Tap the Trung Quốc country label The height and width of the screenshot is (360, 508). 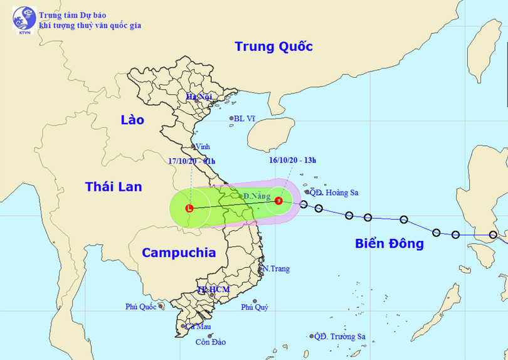coord(273,46)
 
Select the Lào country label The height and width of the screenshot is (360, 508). coord(132,120)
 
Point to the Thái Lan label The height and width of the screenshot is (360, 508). coord(114,186)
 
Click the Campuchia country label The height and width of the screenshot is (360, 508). coord(179,253)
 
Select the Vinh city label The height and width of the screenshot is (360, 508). coord(202,146)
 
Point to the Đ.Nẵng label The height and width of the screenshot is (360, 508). coord(256,196)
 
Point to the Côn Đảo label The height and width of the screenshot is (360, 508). coord(211,342)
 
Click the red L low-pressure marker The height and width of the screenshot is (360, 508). coord(190,208)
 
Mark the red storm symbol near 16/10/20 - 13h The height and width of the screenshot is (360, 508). coord(279,201)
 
